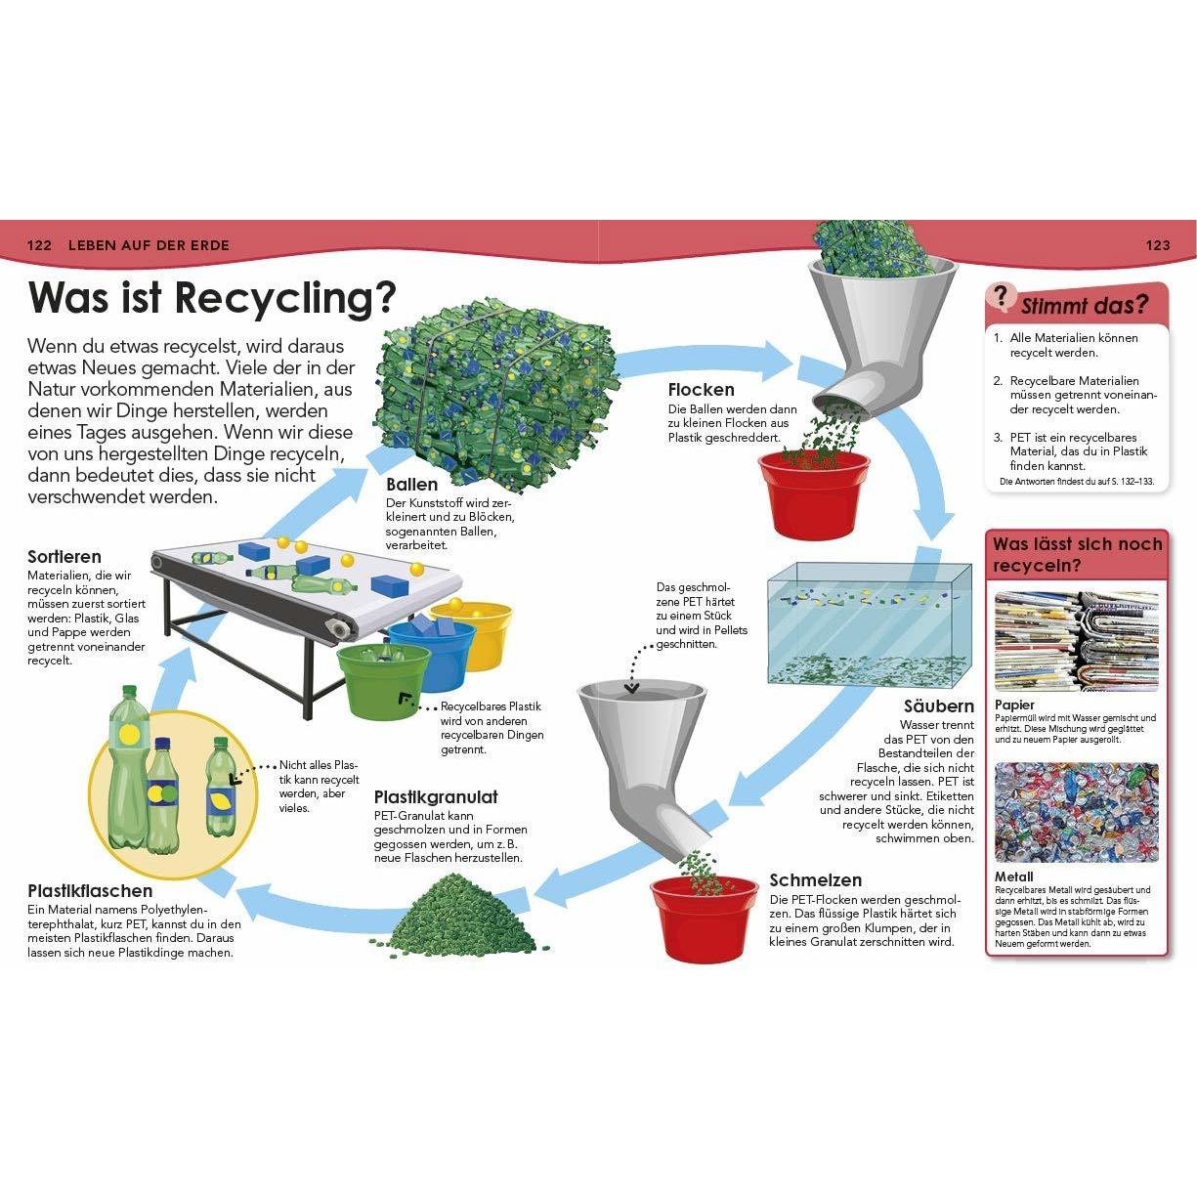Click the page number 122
coord(38,244)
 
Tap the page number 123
coord(1157,244)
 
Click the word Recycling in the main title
coord(285,299)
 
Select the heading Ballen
coord(411,485)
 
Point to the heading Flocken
coord(702,390)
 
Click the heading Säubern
coord(939,706)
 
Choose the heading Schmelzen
coord(816,880)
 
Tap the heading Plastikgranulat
coord(436,797)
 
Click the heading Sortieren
coord(64,557)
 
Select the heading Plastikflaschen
coord(90,891)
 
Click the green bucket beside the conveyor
coord(384,680)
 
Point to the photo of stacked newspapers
coord(1077,642)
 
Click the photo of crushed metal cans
coord(1077,812)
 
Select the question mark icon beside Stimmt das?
coord(1000,297)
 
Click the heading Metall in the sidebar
coord(1013,877)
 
